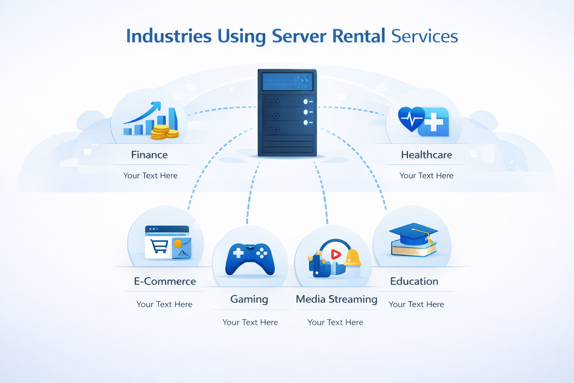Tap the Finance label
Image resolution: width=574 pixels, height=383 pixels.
149,155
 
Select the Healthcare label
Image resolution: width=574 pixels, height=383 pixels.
426,155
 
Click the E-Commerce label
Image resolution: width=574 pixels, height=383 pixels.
165,281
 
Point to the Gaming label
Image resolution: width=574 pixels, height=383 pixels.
249,299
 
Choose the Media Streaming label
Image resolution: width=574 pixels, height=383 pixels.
336,299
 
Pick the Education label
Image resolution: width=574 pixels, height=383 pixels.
414,281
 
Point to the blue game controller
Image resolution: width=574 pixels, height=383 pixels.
250,259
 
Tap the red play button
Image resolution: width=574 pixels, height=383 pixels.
336,254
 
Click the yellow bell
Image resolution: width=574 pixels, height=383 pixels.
352,258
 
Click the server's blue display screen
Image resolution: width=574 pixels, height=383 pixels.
287,81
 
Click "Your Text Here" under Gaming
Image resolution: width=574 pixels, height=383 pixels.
250,322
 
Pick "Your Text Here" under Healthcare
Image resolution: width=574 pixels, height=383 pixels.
426,176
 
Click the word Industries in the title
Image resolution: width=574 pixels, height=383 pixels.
169,36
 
